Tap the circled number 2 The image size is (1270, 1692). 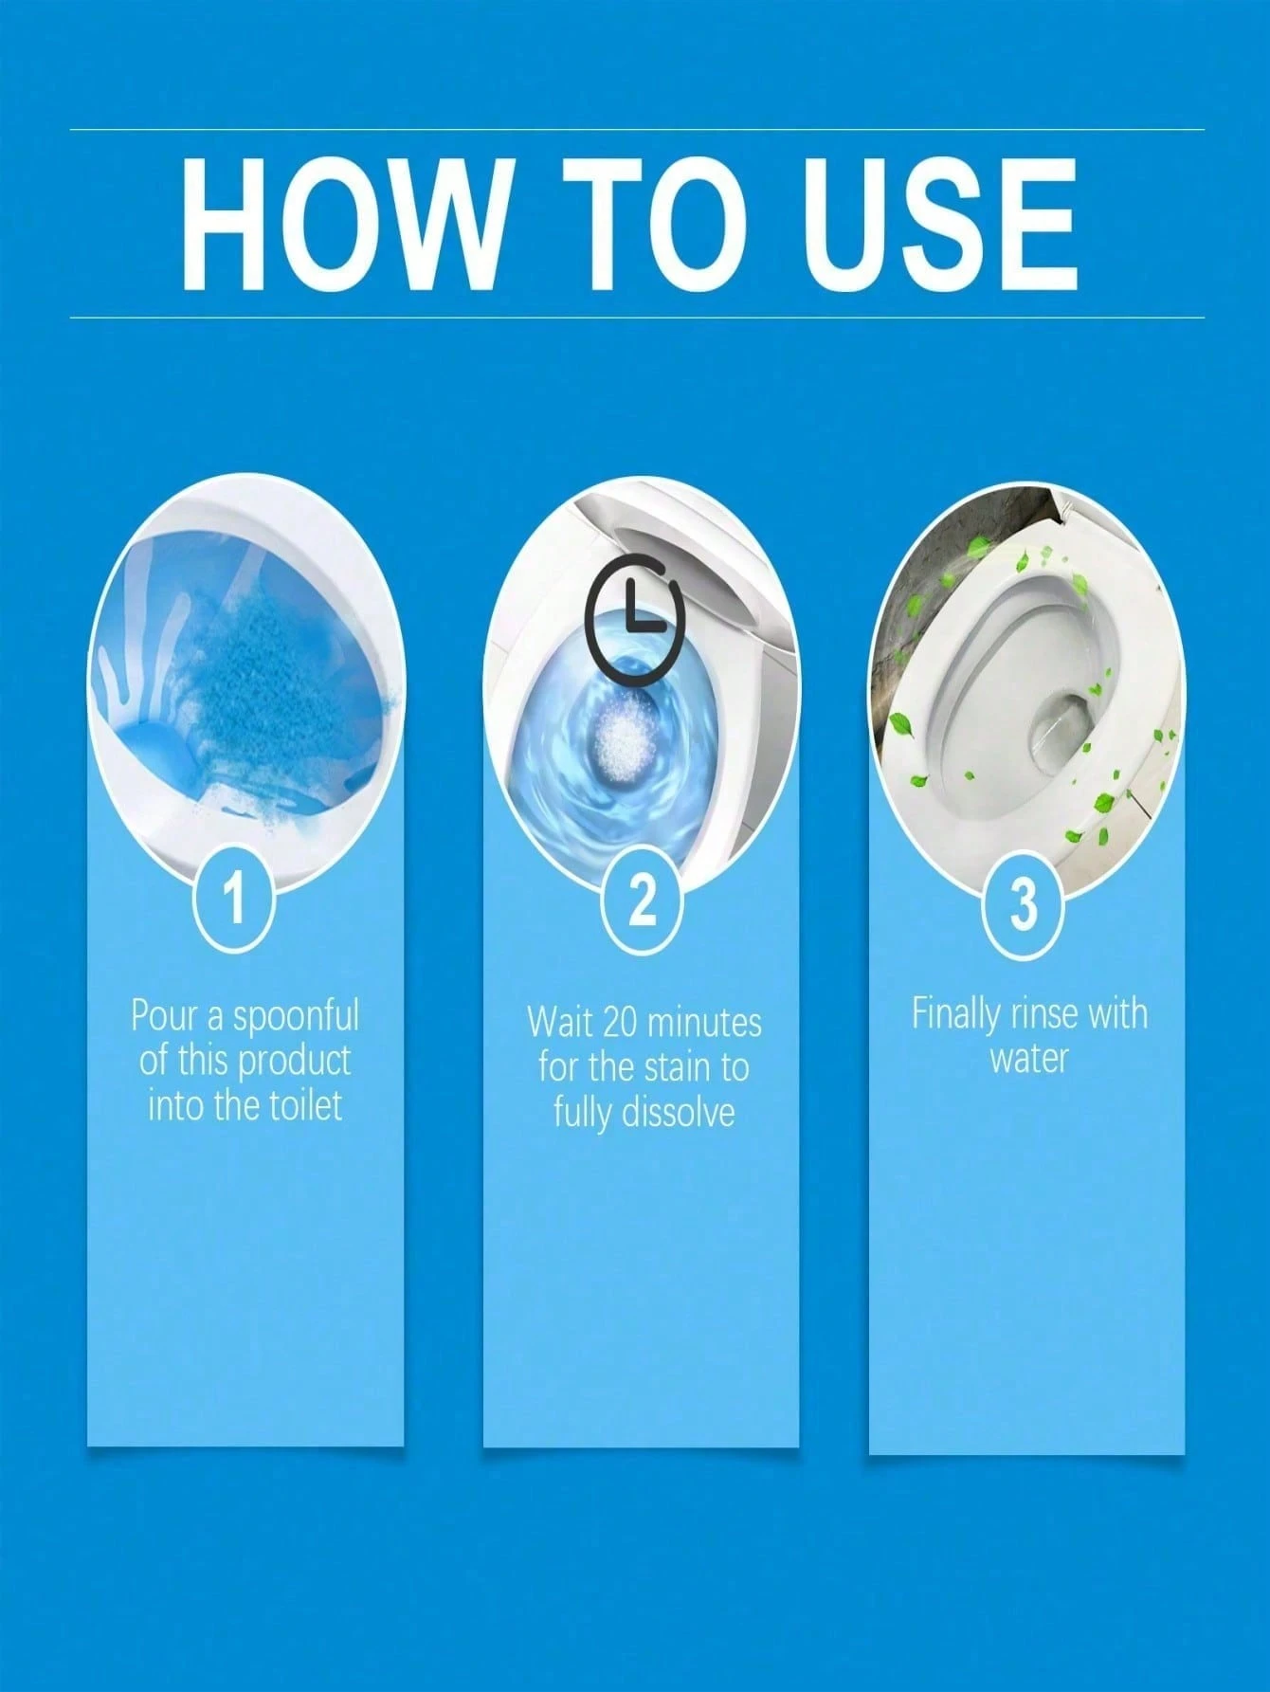pos(643,900)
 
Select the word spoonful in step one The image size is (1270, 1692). pos(296,1017)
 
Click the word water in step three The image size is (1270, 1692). pos(1028,1058)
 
